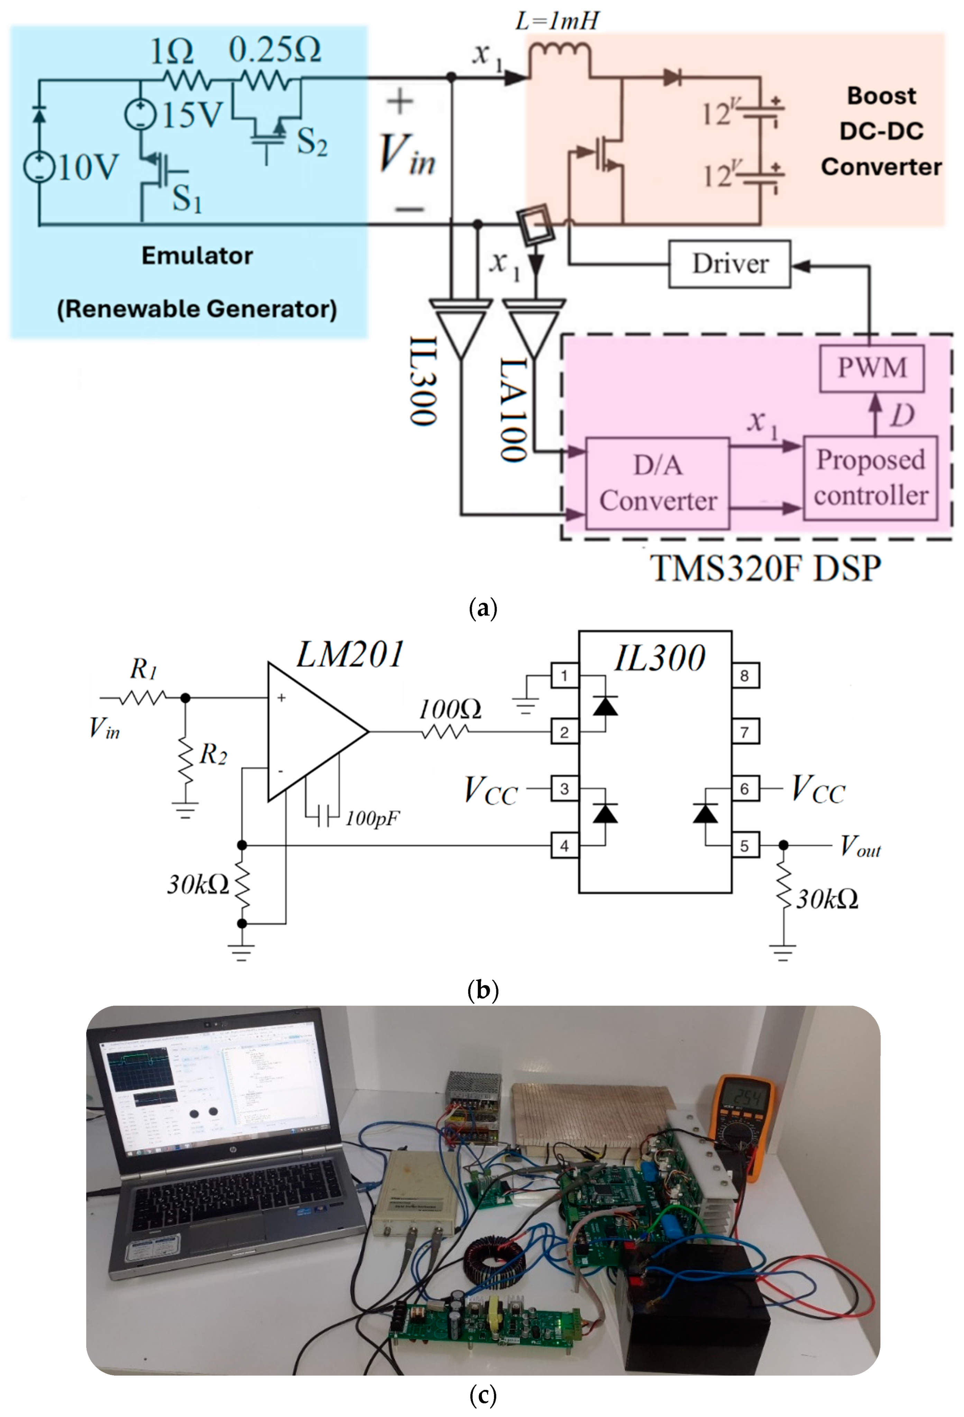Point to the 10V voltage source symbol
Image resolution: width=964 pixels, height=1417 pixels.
tap(39, 167)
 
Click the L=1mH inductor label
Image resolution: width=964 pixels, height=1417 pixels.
tap(557, 22)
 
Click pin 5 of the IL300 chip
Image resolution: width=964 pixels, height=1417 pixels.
tap(744, 846)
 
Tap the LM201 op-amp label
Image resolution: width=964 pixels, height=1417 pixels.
tap(350, 655)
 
